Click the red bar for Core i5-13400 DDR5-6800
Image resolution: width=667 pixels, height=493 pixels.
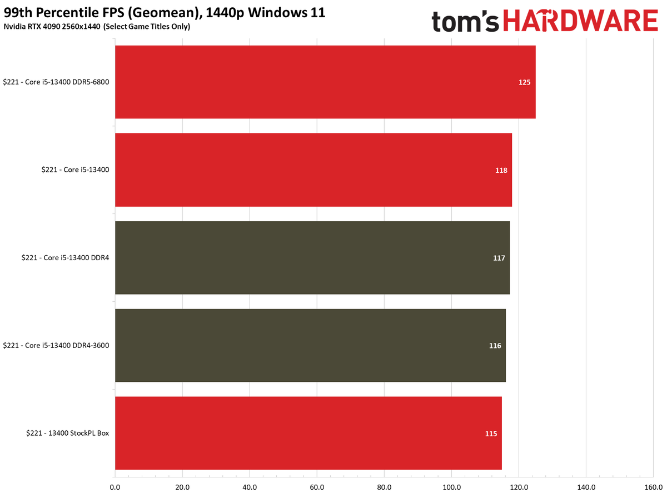point(325,82)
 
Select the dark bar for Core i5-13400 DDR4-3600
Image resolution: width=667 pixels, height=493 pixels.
point(310,345)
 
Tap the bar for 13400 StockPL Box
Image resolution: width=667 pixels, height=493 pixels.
point(308,433)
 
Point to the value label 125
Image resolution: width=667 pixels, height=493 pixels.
point(525,82)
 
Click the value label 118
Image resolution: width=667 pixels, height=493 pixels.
point(501,170)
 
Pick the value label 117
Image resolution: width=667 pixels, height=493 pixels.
point(499,258)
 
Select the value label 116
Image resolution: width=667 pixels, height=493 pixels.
point(495,346)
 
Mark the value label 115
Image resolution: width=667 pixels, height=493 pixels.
point(491,434)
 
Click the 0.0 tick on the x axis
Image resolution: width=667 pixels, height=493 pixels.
point(115,487)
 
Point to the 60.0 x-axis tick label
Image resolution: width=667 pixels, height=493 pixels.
point(317,487)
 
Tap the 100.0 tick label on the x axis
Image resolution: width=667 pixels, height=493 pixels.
point(452,487)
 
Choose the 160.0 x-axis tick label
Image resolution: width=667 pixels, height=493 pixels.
point(654,487)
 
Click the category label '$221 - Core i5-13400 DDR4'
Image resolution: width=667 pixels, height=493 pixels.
point(65,258)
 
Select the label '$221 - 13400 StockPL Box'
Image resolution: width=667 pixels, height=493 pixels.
point(68,433)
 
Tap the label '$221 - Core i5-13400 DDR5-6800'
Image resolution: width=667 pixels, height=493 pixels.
point(56,82)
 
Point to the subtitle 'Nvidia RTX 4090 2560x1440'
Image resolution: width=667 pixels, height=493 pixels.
point(52,27)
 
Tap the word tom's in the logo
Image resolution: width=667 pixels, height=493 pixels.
point(465,21)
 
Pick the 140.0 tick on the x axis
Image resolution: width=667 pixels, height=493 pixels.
point(586,487)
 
